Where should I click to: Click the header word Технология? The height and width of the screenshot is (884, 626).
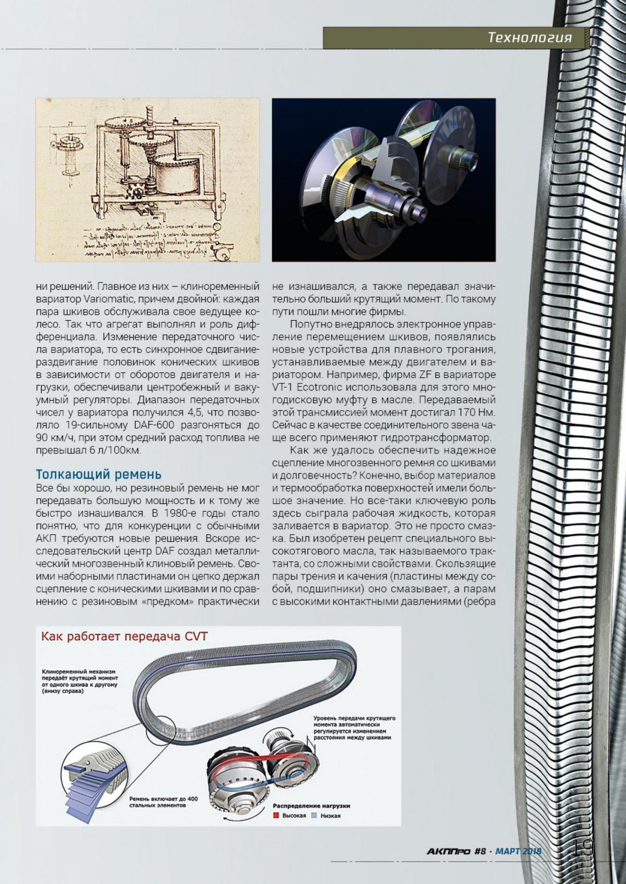529,38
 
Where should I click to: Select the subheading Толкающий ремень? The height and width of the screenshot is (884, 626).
99,475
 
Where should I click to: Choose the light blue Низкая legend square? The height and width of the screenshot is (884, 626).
314,814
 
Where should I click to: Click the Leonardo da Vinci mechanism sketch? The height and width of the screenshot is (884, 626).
148,180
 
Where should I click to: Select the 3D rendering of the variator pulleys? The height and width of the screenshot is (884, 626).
383,180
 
